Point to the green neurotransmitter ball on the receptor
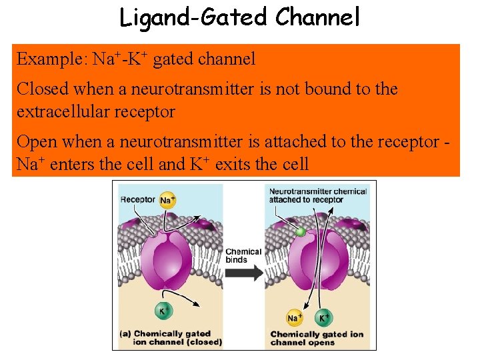click(x=301, y=231)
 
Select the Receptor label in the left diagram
click(x=138, y=199)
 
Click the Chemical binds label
click(x=243, y=256)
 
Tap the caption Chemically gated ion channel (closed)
click(x=171, y=338)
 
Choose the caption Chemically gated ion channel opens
click(x=317, y=338)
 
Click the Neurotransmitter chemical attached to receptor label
click(x=317, y=195)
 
